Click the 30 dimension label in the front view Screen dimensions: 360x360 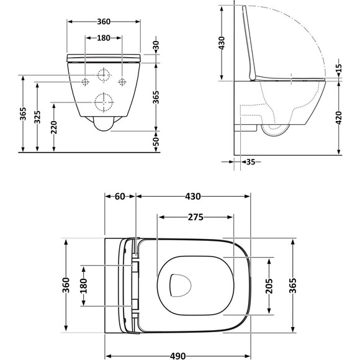[156, 46]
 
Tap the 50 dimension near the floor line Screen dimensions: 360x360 [156, 142]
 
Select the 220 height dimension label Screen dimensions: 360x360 [54, 127]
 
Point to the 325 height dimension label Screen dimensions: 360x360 [37, 117]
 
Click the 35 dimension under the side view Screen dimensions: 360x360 [251, 162]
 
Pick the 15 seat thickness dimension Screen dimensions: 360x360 [339, 68]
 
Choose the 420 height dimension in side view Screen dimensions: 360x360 [339, 118]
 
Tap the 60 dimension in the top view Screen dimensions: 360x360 [120, 196]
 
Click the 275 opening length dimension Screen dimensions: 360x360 [196, 217]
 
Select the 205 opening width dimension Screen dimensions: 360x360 [269, 286]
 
